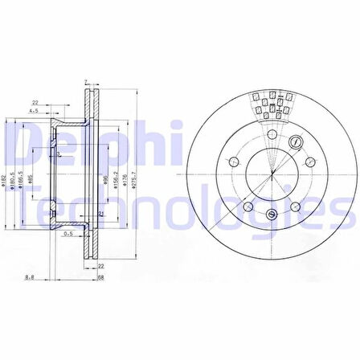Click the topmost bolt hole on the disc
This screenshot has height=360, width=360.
pos(272,135)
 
